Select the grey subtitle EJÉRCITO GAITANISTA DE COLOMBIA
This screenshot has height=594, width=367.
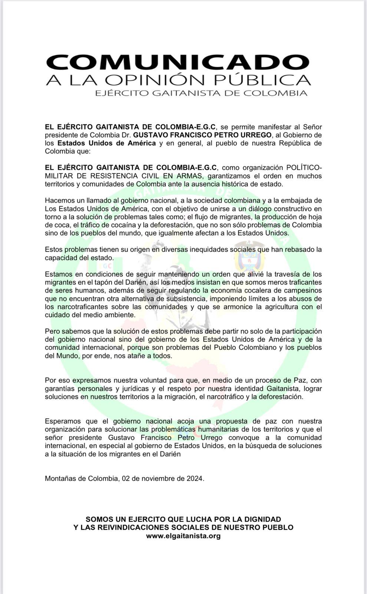201,93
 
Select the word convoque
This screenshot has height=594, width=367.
241,437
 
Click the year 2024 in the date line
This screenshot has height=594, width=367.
195,478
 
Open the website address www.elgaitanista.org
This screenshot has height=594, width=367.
183,536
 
